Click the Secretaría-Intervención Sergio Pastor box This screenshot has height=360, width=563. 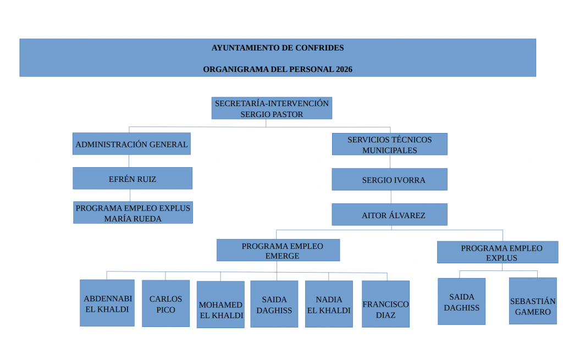coord(272,108)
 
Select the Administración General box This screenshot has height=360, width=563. coord(131,144)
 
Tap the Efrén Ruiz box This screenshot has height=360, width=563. coord(133,179)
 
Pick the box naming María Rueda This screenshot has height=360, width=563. coord(133,213)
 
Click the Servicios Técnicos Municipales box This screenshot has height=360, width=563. coord(389,145)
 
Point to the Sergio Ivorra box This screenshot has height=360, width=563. coord(389,180)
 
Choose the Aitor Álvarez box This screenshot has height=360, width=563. coord(389,215)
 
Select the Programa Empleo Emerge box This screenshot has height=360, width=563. coord(278,251)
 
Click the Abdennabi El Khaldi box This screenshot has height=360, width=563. coord(107,303)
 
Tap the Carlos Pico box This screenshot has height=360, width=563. coord(165,304)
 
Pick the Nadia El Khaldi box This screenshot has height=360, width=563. coord(329,304)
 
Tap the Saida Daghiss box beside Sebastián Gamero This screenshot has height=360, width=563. coord(461,302)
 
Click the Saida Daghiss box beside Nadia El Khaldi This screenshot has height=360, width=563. coord(274,304)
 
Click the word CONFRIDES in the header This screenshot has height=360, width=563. coord(319,48)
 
